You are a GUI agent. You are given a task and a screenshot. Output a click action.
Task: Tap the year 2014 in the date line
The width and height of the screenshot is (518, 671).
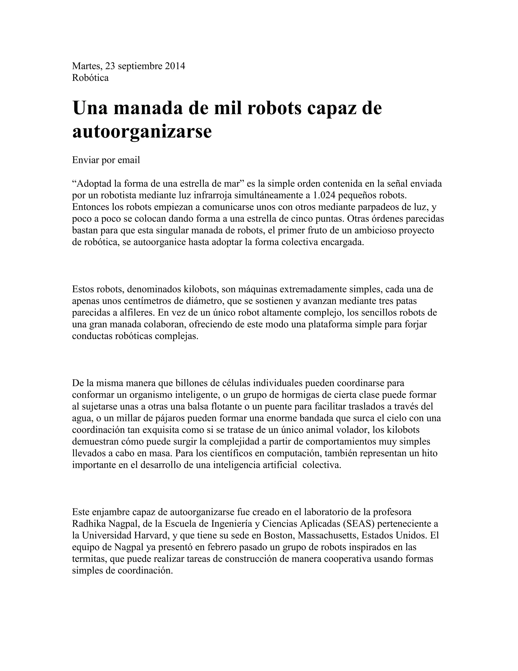pos(175,66)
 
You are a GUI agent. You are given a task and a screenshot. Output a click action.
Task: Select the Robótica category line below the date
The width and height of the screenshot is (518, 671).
pos(90,78)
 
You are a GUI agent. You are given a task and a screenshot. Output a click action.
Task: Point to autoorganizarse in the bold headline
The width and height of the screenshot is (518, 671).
pos(142,131)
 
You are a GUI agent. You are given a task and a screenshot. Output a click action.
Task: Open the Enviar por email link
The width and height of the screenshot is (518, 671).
pos(106,160)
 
